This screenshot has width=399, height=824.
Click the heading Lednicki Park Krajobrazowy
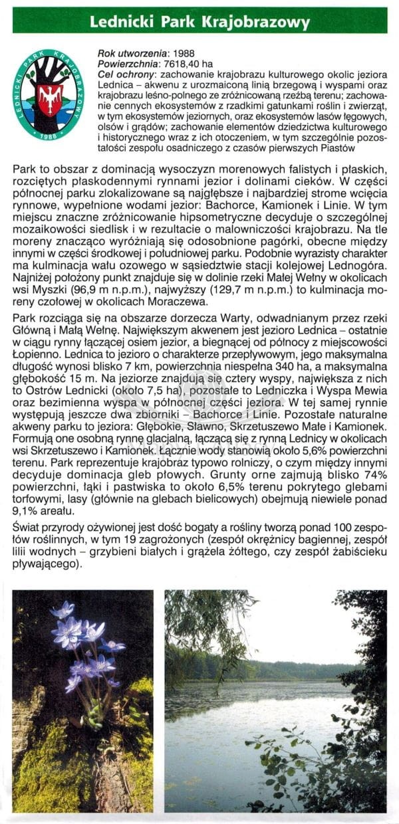coord(199,23)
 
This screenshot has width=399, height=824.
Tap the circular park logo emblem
coord(48,94)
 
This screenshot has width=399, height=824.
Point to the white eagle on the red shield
coord(49,98)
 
